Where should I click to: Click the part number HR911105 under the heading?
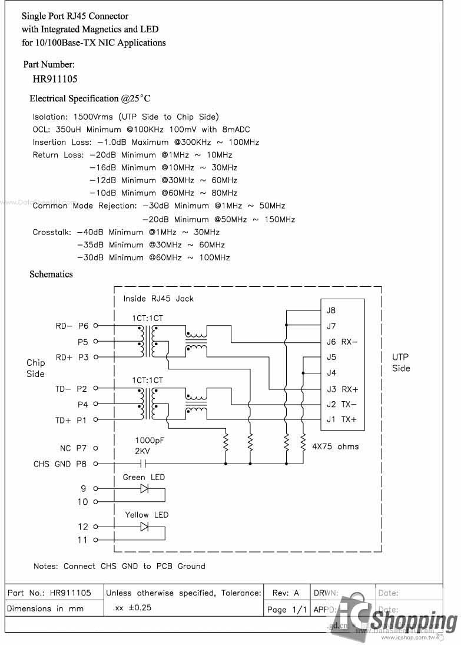point(55,78)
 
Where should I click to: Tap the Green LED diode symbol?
point(144,488)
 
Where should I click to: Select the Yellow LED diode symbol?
point(144,527)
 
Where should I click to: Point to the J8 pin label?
point(331,310)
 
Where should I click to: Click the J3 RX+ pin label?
point(342,389)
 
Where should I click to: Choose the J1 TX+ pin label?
point(341,419)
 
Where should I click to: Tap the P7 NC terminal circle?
point(95,448)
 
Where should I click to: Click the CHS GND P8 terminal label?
point(60,464)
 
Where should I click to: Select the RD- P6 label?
point(72,325)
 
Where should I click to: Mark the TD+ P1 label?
point(71,420)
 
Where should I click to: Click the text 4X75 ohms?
point(335,446)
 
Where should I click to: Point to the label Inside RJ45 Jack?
point(158,299)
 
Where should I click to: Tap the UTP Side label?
point(400,362)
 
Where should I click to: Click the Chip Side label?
point(35,368)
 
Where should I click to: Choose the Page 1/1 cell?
point(287,610)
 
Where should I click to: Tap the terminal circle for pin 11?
point(95,540)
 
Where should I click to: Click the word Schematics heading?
point(51,274)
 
